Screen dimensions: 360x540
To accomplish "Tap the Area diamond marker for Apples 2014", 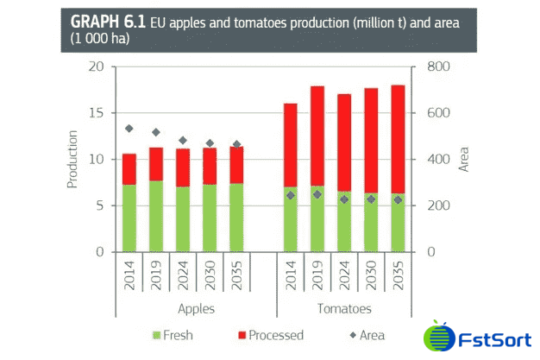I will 129,129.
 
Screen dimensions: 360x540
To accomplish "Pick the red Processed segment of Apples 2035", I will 236,165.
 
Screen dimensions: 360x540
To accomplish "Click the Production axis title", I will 73,160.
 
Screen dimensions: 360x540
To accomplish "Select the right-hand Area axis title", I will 463,160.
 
